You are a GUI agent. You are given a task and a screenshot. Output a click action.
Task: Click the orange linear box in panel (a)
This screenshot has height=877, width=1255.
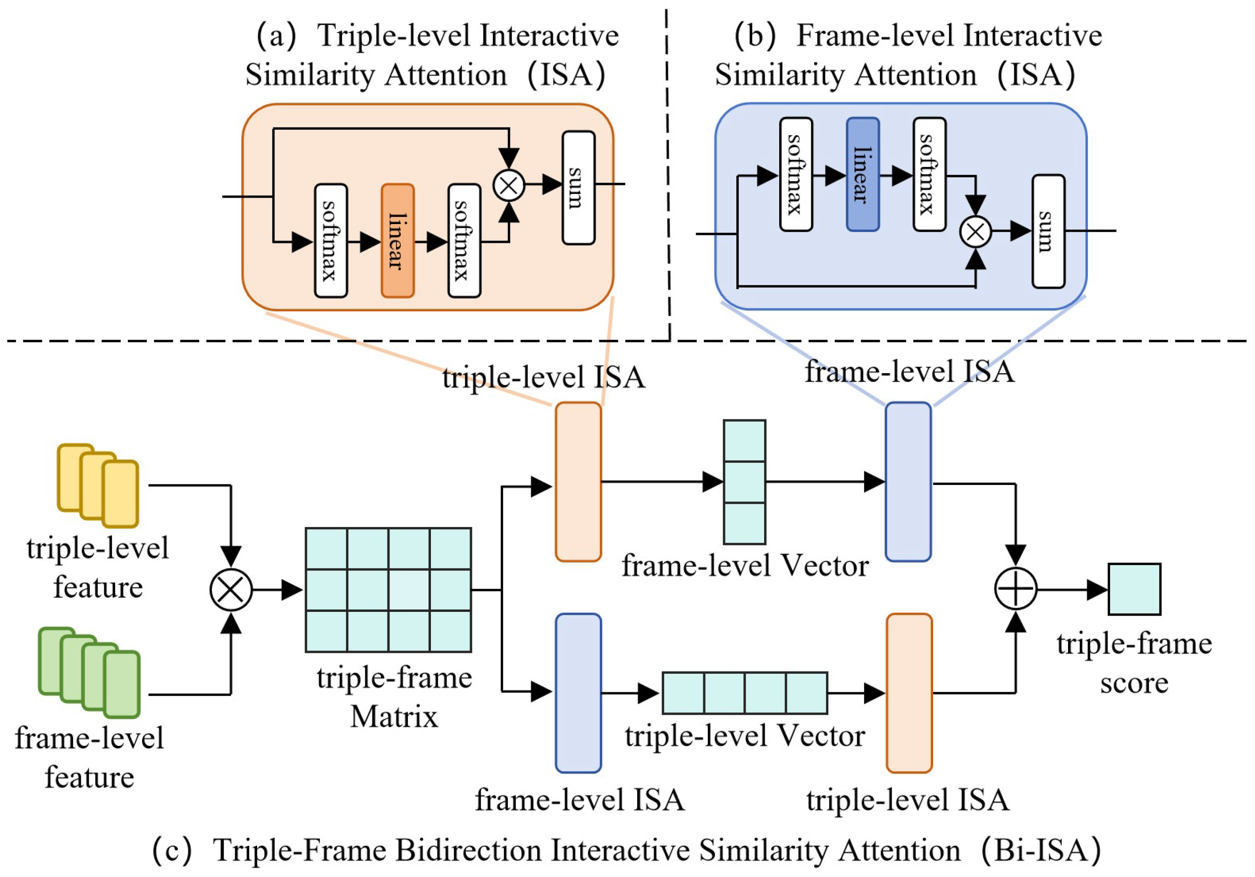397,241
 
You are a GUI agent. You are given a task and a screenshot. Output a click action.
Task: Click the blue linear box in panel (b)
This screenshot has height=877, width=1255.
862,174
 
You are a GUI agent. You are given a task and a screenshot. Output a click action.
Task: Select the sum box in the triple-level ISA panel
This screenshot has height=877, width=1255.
578,187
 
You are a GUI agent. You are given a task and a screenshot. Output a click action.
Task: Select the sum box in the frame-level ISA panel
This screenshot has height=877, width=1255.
1048,231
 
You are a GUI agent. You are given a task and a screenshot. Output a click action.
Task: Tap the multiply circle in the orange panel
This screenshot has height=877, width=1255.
509,185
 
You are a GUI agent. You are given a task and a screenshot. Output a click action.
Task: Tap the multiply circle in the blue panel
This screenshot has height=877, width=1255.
976,231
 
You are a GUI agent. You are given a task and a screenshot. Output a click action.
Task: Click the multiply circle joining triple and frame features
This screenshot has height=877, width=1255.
231,590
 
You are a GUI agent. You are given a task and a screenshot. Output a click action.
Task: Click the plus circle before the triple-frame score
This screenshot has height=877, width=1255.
1015,589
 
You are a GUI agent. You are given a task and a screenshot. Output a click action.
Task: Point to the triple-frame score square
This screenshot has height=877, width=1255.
1134,589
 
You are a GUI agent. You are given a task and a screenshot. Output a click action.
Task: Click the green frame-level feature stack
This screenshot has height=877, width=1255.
90,672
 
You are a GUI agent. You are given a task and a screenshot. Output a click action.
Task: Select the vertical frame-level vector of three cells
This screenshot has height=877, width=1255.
744,482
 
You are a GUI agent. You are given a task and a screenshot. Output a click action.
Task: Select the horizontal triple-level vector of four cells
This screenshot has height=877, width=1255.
744,693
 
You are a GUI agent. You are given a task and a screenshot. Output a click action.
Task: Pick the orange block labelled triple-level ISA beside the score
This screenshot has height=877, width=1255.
909,693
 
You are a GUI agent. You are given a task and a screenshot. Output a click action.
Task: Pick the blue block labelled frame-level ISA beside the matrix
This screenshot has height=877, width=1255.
578,693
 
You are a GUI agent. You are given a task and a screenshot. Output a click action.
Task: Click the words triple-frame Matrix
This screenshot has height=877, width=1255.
395,697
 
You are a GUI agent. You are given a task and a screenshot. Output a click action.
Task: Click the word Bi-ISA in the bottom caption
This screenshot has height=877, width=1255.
1041,850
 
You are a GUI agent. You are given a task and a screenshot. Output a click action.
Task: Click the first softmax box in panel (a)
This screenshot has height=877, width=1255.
331,241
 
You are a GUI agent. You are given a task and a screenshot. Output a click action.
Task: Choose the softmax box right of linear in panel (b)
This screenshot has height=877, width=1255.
929,174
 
